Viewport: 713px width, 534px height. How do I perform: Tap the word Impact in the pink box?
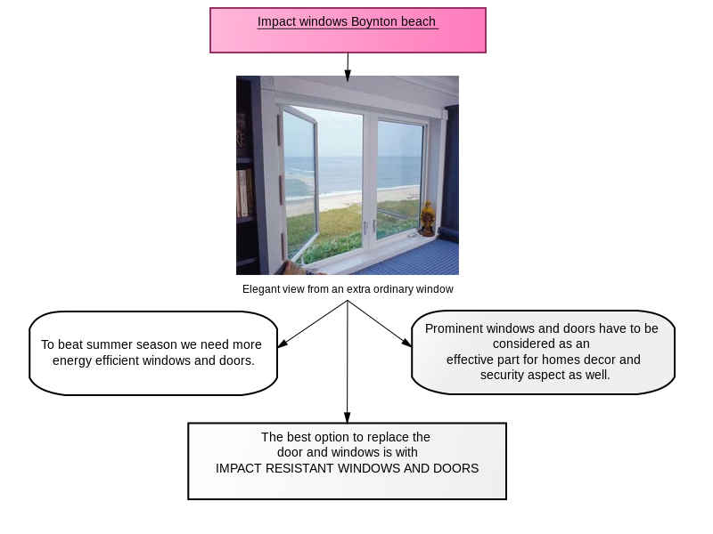(x=276, y=22)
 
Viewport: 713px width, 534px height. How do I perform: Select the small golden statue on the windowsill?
(x=427, y=218)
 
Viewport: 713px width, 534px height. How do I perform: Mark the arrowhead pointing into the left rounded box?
(x=282, y=344)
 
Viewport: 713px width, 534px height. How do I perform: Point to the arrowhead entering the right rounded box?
(x=406, y=342)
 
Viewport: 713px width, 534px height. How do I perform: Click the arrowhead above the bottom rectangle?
(x=348, y=417)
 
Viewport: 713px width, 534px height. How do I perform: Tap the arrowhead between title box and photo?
(x=348, y=76)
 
